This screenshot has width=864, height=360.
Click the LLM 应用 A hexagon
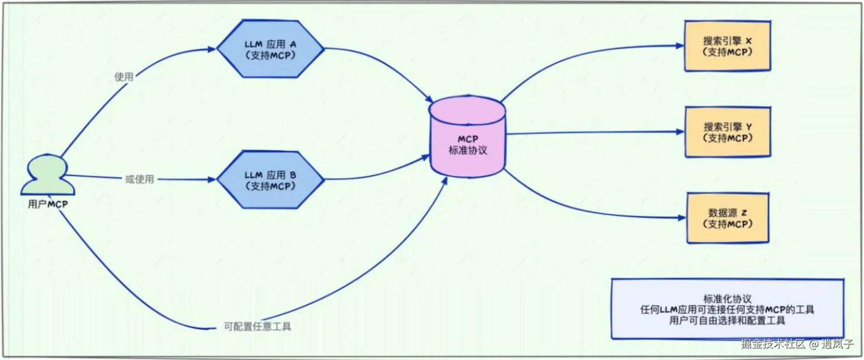270,49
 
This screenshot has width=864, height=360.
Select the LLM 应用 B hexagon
270,180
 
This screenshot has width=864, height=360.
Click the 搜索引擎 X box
727,46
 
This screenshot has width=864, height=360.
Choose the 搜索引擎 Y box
728,132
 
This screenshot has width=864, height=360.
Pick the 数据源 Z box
728,218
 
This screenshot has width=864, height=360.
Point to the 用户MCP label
48,204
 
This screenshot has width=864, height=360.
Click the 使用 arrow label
124,77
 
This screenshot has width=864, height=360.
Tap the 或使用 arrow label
139,179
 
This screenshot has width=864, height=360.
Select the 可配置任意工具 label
257,326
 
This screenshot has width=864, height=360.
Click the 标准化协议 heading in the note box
727,298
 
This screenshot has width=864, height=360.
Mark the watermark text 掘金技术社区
773,344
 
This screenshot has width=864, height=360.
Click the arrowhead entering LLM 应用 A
212,49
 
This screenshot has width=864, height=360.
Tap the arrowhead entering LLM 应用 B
212,179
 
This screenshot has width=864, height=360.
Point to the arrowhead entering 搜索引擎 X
680,45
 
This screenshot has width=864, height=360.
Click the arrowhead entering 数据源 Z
682,217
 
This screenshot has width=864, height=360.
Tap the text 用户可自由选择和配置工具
727,321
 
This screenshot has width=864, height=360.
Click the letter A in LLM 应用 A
293,44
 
